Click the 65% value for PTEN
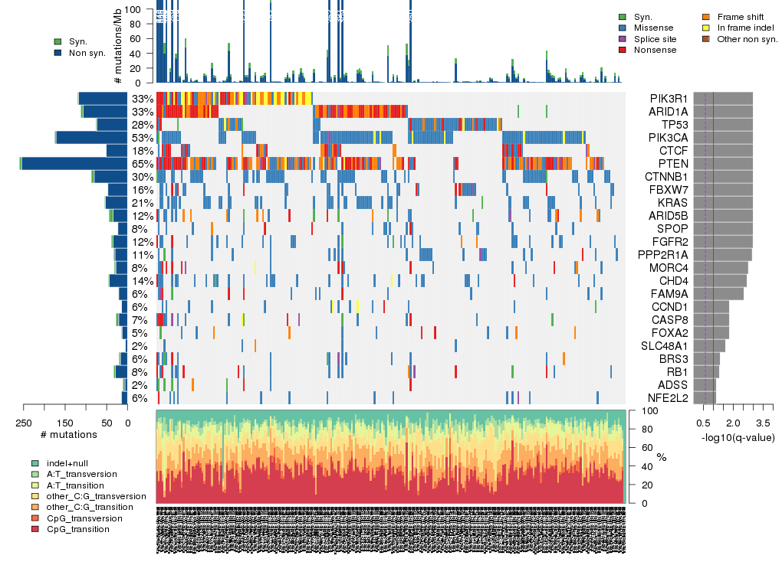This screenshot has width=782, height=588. click(x=142, y=164)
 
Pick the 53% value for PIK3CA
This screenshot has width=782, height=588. click(x=142, y=138)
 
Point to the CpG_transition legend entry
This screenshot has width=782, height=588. click(x=77, y=529)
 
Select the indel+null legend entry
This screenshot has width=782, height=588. click(x=64, y=463)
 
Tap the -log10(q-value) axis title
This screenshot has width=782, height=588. click(x=735, y=437)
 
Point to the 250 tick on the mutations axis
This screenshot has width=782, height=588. click(x=24, y=423)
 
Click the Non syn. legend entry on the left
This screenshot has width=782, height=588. click(x=87, y=53)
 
